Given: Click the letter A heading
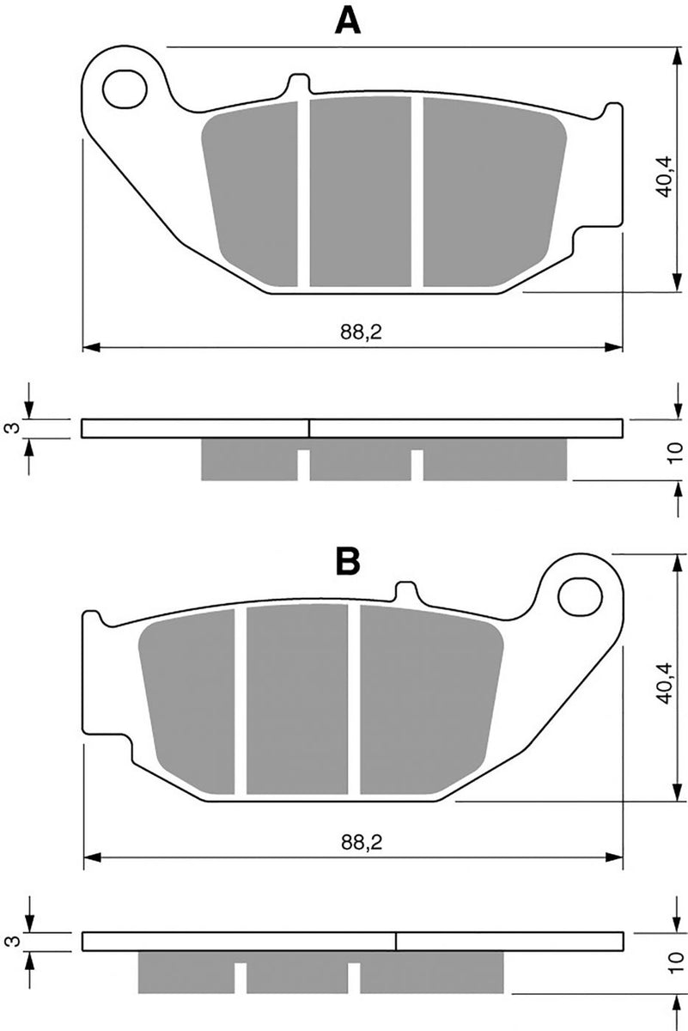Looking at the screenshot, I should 347,20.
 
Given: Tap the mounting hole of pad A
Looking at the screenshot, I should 122,87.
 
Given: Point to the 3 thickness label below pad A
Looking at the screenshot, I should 10,427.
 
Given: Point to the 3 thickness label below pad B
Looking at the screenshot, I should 10,941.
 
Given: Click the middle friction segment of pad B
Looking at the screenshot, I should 296,700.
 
